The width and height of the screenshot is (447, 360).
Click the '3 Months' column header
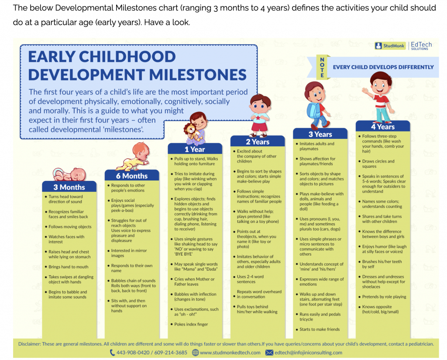coord(69,187)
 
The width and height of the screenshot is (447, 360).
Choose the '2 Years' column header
coord(257,142)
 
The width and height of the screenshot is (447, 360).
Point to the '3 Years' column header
coord(320,134)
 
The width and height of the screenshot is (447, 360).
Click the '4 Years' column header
coord(382,127)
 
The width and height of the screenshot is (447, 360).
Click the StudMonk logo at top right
coord(390,46)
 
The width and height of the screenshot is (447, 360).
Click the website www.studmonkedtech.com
coord(230,353)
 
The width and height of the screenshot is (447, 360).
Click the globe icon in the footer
coord(195,353)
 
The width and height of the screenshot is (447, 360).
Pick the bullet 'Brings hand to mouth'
coord(68,267)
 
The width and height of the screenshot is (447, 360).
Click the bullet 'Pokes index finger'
coord(191,324)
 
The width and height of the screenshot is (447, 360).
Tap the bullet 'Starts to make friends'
coord(319,329)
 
